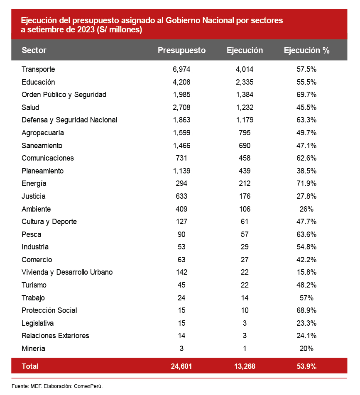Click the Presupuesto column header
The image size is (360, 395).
pos(181,50)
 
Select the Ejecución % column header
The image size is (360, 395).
pos(306,50)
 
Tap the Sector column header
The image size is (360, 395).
pos(34,50)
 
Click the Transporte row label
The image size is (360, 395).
pos(38,69)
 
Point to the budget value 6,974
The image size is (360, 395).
pos(181,69)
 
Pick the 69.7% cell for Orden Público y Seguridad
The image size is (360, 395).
pos(306,95)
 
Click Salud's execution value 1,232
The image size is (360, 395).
pos(245,107)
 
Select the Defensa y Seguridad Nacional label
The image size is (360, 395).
pos(69,120)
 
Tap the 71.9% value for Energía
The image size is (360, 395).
pos(306,183)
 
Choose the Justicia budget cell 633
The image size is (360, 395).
pos(181,196)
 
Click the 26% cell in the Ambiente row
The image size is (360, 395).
pos(306,209)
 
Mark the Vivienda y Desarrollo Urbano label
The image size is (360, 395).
pos(67,272)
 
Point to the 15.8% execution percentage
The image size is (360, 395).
pos(306,272)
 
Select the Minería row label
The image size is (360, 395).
pos(33,349)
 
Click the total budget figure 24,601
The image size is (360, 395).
pos(181,366)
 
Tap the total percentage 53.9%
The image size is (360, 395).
pos(306,366)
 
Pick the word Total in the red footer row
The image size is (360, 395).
pos(30,366)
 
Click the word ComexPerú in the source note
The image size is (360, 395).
pos(88,386)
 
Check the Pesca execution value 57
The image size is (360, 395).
pos(245,234)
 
